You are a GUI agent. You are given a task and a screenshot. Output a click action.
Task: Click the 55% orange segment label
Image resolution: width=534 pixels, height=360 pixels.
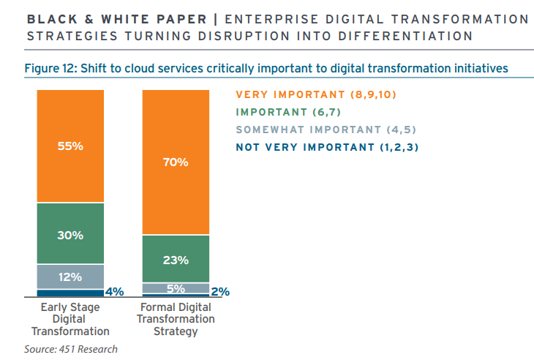[70, 146]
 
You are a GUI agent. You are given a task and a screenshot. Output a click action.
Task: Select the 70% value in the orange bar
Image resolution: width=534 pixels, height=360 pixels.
[176, 162]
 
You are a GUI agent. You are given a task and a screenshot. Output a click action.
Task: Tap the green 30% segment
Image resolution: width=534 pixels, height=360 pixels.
[70, 235]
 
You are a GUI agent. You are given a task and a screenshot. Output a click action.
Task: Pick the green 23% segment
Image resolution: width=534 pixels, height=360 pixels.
[176, 259]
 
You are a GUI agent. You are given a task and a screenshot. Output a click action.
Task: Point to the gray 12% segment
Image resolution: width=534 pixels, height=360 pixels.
[70, 277]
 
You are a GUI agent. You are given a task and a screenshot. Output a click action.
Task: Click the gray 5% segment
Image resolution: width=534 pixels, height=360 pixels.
[176, 288]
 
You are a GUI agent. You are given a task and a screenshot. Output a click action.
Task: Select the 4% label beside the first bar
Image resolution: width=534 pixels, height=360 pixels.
[114, 291]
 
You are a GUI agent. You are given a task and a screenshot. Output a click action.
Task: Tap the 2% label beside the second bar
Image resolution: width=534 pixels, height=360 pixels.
[220, 291]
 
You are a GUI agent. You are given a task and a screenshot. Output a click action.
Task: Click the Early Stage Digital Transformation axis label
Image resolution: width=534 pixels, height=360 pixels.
[70, 319]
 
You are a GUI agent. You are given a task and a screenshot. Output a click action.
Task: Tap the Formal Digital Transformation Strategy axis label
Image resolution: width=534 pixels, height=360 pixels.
[176, 319]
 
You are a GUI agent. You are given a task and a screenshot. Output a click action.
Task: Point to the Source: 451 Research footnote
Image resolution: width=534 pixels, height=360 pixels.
[70, 349]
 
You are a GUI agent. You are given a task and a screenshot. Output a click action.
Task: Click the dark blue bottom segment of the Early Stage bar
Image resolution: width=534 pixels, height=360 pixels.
[70, 293]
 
